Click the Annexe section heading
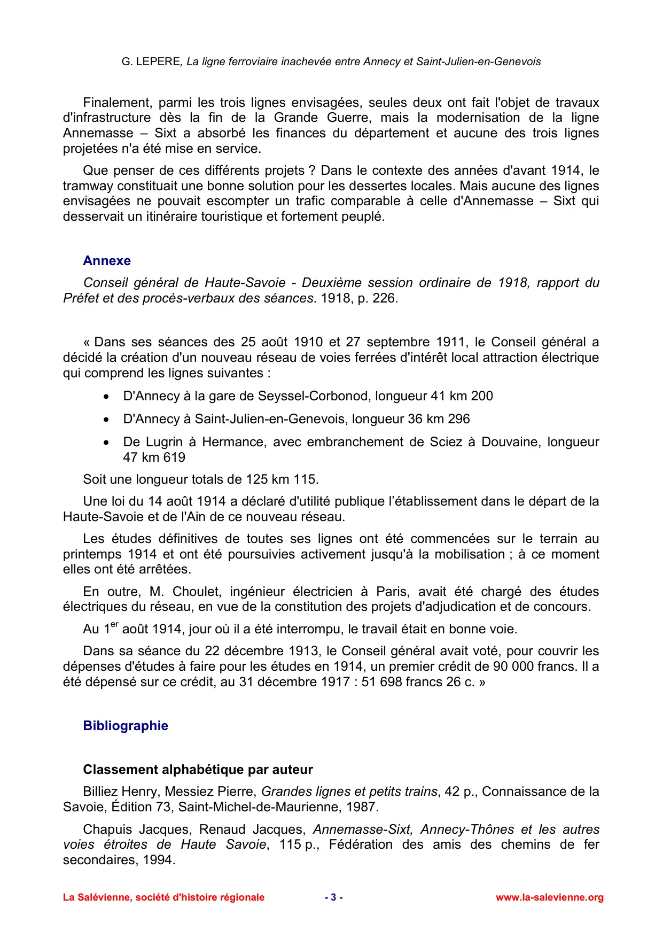(x=107, y=261)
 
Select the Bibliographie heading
(x=126, y=726)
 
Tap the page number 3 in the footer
(x=333, y=897)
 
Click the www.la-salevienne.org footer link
(x=549, y=897)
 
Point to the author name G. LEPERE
(x=151, y=62)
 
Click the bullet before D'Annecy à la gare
(x=107, y=397)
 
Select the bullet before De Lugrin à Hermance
(x=107, y=443)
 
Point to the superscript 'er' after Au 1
(x=114, y=625)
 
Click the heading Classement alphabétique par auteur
(x=198, y=770)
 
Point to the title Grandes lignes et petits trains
(x=349, y=792)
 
